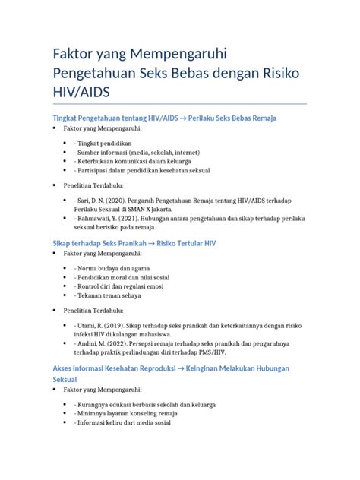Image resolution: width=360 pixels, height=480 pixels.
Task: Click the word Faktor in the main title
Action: tap(75, 55)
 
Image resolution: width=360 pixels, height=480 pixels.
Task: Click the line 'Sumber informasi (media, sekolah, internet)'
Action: tap(137, 153)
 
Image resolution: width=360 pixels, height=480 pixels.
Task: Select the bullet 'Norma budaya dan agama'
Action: tap(113, 269)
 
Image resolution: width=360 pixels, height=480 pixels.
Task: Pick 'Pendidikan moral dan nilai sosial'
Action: tap(122, 278)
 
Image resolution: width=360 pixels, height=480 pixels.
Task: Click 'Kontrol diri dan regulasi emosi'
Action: tap(119, 287)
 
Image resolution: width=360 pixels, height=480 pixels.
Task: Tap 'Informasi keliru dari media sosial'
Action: tap(123, 423)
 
